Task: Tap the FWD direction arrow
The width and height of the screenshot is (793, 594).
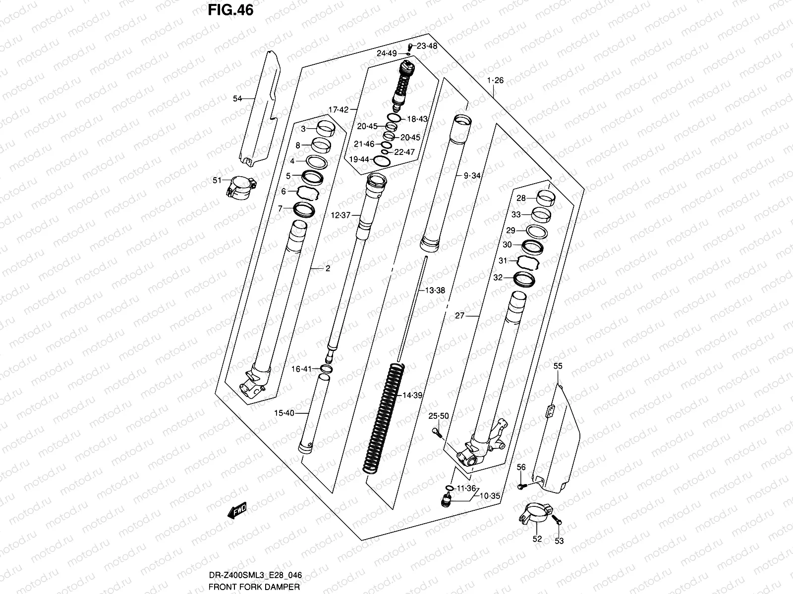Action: (x=237, y=510)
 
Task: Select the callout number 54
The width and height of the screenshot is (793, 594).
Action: (x=238, y=99)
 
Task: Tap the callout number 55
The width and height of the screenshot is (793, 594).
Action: (x=558, y=366)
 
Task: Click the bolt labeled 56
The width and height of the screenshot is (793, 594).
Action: (x=519, y=487)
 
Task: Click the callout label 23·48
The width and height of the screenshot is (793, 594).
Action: (x=427, y=46)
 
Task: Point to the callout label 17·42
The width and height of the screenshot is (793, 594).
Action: (x=338, y=109)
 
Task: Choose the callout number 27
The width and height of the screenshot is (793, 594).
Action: (x=459, y=315)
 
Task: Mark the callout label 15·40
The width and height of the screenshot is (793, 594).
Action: (x=284, y=413)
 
